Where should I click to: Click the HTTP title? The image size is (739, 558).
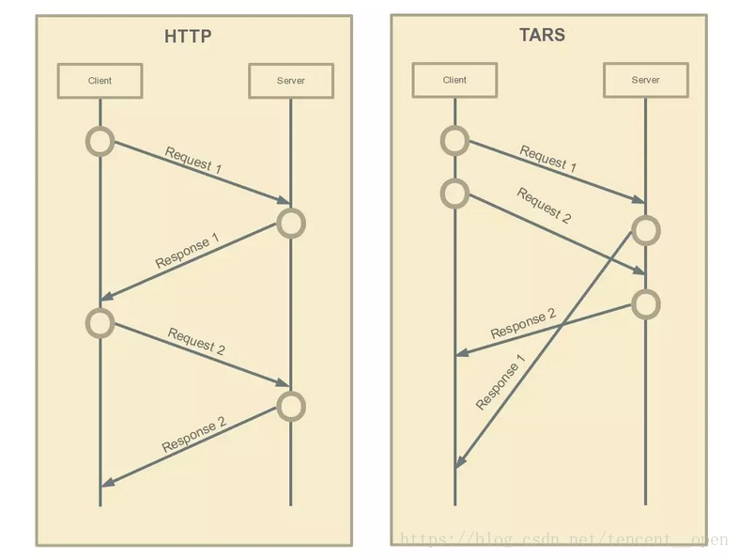click(x=188, y=38)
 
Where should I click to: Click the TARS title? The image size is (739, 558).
click(x=542, y=36)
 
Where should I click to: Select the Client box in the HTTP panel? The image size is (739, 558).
click(x=100, y=81)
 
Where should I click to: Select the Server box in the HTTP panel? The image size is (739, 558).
click(x=290, y=81)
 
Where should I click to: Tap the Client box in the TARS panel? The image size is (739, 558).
click(x=454, y=80)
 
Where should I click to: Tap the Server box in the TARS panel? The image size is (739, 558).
click(x=645, y=80)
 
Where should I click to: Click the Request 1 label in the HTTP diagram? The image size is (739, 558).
click(x=193, y=161)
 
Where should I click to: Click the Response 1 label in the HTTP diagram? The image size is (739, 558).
click(x=188, y=252)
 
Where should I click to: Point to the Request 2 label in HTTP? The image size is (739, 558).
click(x=196, y=340)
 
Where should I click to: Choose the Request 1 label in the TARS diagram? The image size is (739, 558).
click(x=548, y=160)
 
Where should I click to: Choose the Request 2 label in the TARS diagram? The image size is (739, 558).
click(x=544, y=206)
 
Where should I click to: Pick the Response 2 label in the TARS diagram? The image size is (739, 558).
click(x=523, y=323)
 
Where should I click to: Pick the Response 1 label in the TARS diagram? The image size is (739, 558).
click(x=500, y=382)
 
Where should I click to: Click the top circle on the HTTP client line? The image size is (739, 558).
click(x=100, y=142)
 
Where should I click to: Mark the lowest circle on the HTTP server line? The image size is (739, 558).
click(x=291, y=406)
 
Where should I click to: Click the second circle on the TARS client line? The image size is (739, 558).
click(x=454, y=194)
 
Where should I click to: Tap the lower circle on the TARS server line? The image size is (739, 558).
click(x=645, y=303)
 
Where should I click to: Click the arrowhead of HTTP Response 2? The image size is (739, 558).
click(x=107, y=483)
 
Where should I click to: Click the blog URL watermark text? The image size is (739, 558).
click(x=563, y=539)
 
